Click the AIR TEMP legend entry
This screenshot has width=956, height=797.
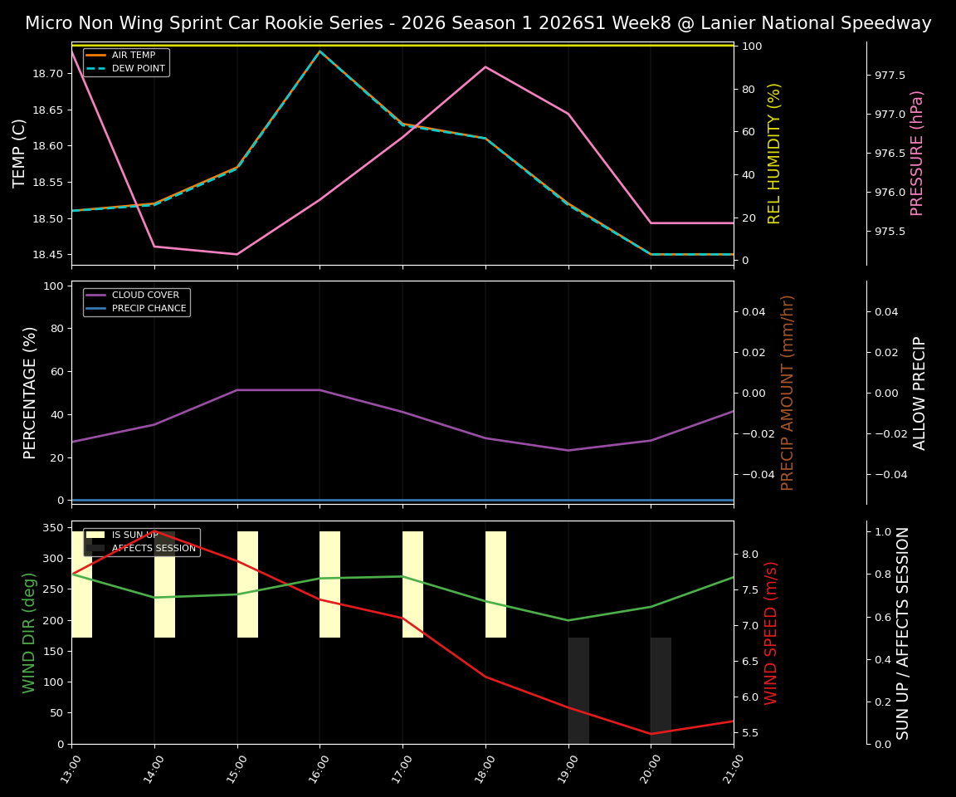133,56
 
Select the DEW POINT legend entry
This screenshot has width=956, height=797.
138,68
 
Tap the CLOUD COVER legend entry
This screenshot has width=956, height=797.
145,296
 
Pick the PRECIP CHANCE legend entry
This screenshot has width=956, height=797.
149,309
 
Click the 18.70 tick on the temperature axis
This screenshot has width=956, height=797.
47,74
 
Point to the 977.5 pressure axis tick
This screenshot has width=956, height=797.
890,76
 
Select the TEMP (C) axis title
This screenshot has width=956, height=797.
20,153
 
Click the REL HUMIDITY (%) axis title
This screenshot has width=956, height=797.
774,153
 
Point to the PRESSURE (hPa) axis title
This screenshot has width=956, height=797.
917,153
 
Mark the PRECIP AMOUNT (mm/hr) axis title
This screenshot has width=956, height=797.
788,392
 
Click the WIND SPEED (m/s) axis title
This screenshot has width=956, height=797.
772,632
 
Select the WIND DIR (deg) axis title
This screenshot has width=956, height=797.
31,632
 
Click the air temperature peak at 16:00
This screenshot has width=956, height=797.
319,51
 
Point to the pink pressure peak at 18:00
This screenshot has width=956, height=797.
485,66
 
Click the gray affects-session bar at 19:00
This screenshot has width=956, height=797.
578,690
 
